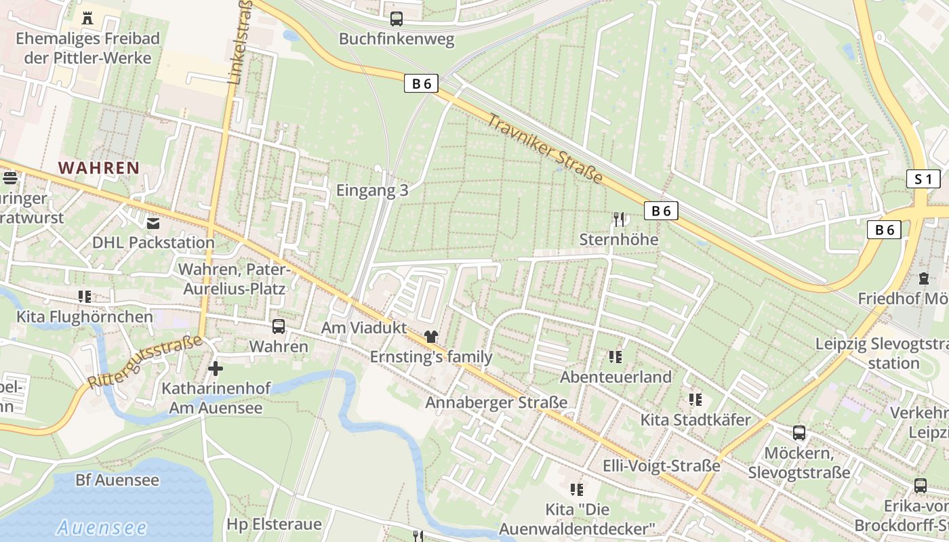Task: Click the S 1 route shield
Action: (x=923, y=180)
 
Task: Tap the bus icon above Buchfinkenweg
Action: (x=397, y=19)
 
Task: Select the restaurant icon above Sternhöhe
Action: (x=618, y=219)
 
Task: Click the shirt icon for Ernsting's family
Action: (x=430, y=336)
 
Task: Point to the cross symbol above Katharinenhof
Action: (x=216, y=369)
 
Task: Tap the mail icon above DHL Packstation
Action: (x=153, y=222)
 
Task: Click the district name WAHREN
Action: (x=99, y=167)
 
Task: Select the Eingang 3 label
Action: (x=372, y=190)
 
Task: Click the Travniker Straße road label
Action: (x=545, y=148)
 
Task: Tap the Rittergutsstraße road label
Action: (x=145, y=362)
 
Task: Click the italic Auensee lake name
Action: (x=102, y=527)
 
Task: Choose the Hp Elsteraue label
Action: (x=274, y=524)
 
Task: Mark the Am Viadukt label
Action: (x=364, y=328)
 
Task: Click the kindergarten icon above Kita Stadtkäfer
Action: (x=695, y=400)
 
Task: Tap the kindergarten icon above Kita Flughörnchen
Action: (x=85, y=296)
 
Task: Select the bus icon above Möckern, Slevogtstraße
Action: (x=799, y=432)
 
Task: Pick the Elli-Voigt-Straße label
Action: (x=661, y=466)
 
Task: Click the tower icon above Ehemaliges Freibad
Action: (x=87, y=18)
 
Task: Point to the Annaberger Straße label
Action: (x=496, y=402)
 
